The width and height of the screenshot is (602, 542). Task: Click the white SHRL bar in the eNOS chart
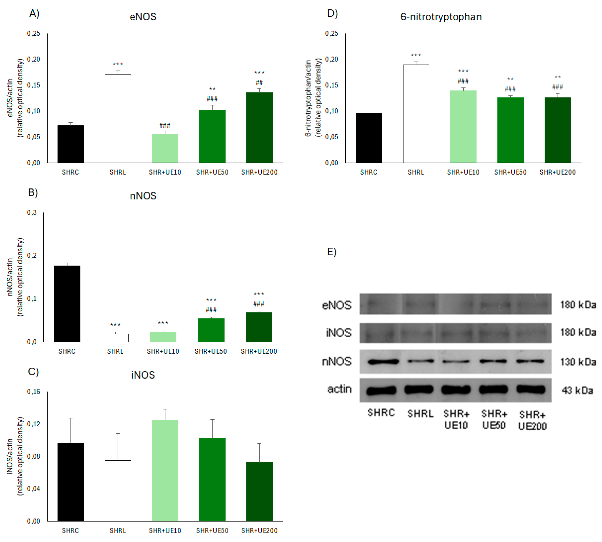(118, 119)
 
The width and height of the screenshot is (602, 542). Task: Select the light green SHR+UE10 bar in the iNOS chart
(165, 470)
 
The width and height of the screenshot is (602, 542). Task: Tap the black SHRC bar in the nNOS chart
(67, 304)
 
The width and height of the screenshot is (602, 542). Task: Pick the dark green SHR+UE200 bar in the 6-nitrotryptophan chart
(558, 130)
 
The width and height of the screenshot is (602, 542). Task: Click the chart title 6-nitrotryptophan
(441, 17)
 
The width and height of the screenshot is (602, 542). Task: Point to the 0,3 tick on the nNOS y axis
(32, 213)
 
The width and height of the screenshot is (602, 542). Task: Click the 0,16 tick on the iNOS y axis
(33, 392)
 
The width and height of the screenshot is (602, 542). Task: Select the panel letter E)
(332, 252)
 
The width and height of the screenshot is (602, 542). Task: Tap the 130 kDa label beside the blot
(578, 362)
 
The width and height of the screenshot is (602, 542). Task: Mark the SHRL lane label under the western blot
(420, 414)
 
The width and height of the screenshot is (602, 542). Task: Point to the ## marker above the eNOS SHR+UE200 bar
(259, 83)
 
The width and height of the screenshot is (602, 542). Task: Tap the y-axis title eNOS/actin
(10, 98)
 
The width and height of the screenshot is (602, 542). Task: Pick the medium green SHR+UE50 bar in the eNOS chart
(212, 136)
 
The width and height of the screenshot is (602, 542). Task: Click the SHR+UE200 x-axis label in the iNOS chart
(259, 531)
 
